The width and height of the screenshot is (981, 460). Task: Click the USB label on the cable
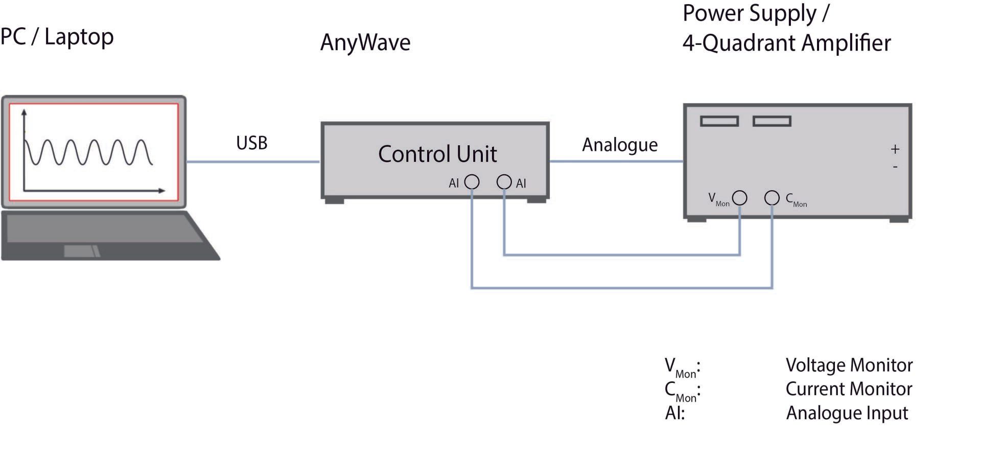click(x=251, y=143)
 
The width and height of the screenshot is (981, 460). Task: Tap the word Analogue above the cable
click(x=619, y=145)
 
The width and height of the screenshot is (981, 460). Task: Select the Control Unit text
click(x=437, y=154)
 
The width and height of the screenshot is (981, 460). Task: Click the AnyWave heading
click(x=365, y=42)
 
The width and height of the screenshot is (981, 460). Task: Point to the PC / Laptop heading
click(x=57, y=37)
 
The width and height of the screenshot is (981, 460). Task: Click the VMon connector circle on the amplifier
click(x=739, y=198)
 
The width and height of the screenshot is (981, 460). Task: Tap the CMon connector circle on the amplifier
click(x=772, y=198)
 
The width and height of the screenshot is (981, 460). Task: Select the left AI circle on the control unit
click(x=472, y=182)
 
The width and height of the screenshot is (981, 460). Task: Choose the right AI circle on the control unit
click(x=504, y=182)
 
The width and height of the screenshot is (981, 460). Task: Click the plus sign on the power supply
click(x=895, y=149)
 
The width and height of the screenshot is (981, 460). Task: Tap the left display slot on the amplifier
click(x=719, y=121)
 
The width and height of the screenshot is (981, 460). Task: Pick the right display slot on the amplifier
click(x=772, y=121)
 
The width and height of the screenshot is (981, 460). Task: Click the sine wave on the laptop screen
click(x=88, y=152)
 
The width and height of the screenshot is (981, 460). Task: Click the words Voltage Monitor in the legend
click(x=849, y=365)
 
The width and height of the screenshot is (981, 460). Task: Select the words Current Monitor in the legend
click(x=848, y=389)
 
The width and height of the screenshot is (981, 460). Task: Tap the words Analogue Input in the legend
click(x=847, y=413)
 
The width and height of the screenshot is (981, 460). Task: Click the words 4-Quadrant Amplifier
click(x=786, y=43)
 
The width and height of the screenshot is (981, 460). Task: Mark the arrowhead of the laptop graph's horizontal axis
click(x=162, y=191)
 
